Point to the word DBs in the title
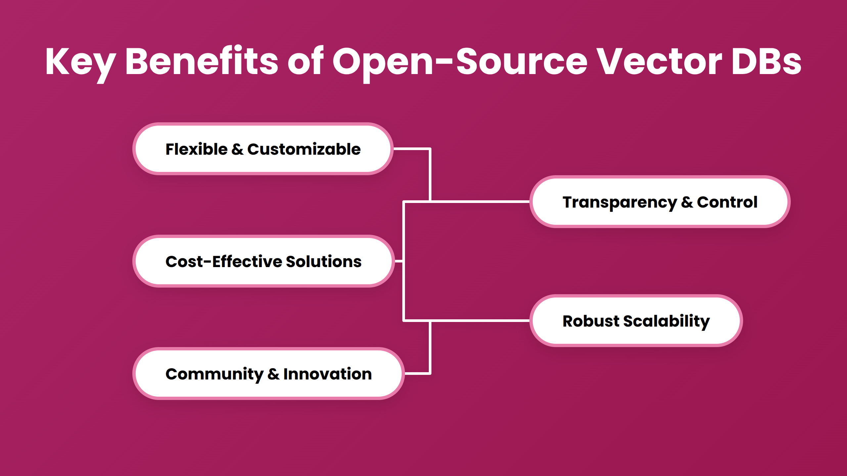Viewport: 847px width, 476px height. tap(766, 62)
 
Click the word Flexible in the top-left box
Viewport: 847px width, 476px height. tap(197, 149)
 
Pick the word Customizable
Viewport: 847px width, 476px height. tap(304, 149)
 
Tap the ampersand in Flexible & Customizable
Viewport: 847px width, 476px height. tap(237, 149)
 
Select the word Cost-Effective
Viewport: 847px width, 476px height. tap(224, 261)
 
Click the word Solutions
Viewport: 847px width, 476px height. tap(324, 261)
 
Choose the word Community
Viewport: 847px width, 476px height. tap(214, 374)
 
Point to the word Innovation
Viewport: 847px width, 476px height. tap(328, 374)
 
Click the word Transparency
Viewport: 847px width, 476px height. tap(620, 202)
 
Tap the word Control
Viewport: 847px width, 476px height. tap(727, 202)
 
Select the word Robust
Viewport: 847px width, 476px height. tap(591, 321)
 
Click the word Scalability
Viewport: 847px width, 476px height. tap(666, 321)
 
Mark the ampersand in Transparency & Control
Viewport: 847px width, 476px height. tap(687, 202)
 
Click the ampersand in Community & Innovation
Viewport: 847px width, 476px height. tap(273, 374)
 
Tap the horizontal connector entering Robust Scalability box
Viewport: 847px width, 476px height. tap(480, 321)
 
